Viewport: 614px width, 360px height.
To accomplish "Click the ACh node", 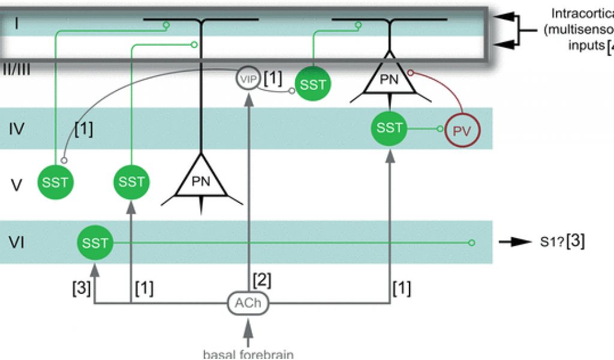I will tap(248, 303).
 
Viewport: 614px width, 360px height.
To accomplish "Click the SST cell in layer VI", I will tap(95, 242).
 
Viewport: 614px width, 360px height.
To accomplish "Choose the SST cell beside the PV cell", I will tap(390, 128).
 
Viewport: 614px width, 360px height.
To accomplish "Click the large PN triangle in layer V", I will tap(201, 179).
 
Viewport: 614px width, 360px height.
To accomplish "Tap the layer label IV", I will tap(17, 128).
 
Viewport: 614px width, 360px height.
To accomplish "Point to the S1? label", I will tap(551, 242).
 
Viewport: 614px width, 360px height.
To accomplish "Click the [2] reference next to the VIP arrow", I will tap(263, 280).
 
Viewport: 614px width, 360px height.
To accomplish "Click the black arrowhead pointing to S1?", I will tap(510, 242).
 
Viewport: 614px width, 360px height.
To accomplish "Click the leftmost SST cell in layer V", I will tap(55, 181).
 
